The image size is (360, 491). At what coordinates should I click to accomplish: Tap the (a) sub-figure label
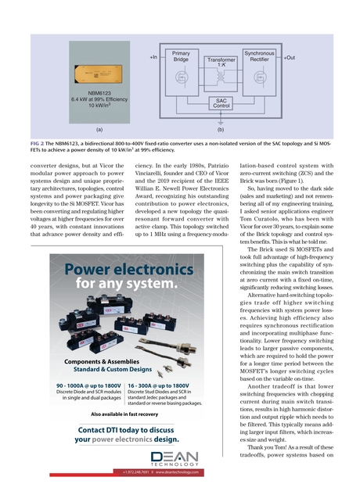(x=99, y=127)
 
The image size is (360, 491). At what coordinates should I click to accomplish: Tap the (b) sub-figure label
(x=221, y=127)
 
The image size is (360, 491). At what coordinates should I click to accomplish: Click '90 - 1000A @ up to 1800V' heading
(x=88, y=385)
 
